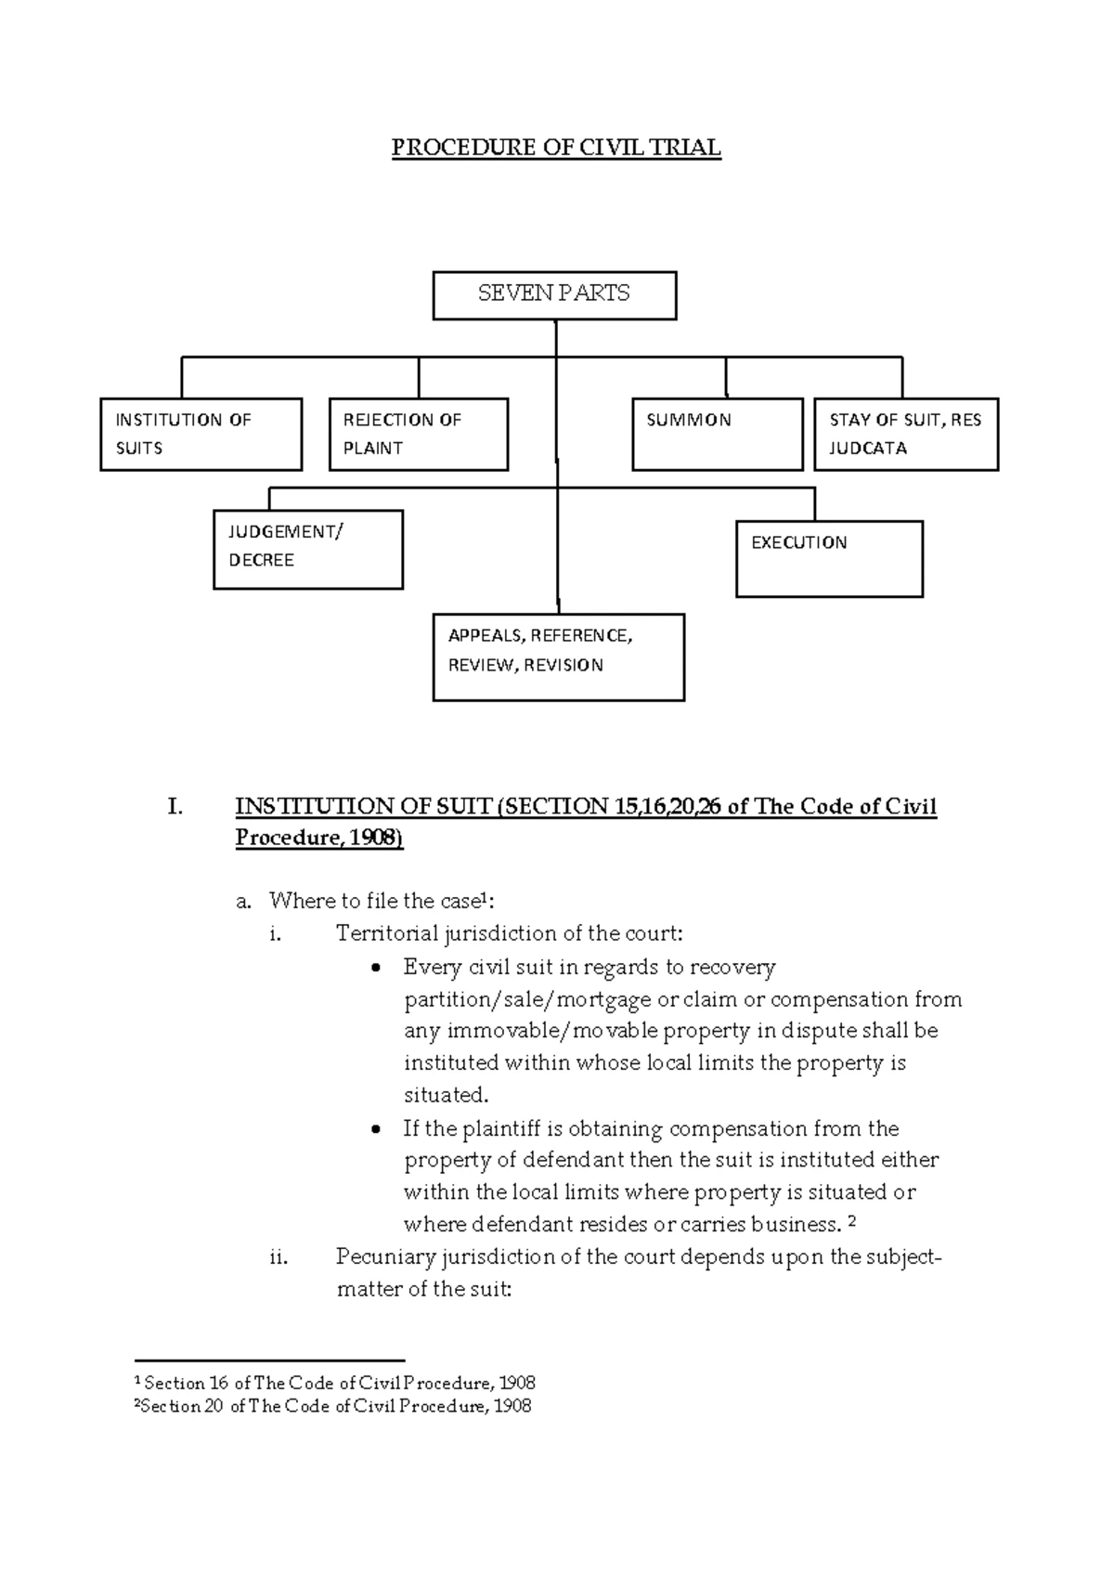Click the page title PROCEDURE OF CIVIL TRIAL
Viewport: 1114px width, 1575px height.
click(555, 148)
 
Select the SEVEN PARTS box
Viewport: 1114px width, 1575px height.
click(554, 295)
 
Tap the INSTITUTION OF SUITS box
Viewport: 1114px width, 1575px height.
click(201, 434)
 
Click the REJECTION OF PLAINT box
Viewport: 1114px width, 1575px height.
click(418, 434)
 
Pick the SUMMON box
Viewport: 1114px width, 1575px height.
click(717, 434)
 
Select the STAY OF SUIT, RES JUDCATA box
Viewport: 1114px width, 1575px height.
click(905, 434)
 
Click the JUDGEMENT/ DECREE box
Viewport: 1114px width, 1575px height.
click(307, 549)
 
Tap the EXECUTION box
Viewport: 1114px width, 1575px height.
click(828, 558)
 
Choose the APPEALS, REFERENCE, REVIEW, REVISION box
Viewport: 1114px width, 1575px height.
click(558, 657)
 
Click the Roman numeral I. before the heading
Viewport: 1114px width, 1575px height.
click(175, 807)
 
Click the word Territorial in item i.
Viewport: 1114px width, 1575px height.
click(386, 933)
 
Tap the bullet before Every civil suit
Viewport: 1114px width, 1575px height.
click(375, 969)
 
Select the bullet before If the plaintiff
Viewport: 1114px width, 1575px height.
click(375, 1130)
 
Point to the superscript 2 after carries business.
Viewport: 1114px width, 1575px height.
click(852, 1222)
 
